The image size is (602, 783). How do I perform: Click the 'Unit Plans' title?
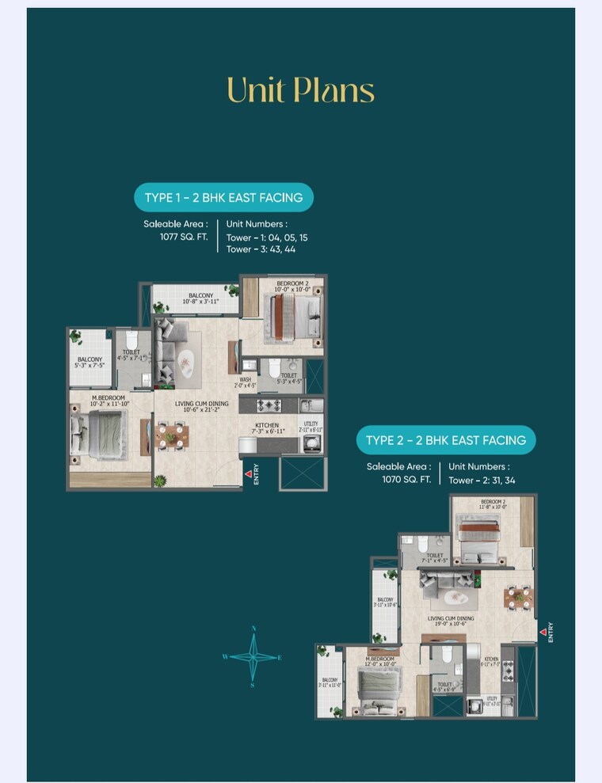[x=300, y=90]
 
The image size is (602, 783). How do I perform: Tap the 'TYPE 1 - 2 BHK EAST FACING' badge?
[x=223, y=197]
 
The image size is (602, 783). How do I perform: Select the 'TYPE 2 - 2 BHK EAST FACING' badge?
[x=445, y=439]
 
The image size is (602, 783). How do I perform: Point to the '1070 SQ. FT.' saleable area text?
[x=406, y=479]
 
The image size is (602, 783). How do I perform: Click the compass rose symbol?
[x=253, y=656]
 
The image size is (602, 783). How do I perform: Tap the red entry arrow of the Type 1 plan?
[x=248, y=475]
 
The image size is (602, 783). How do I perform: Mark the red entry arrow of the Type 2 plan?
[x=543, y=631]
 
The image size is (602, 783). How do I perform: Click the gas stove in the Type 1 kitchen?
[x=269, y=405]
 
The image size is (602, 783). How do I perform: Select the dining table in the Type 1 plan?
[x=171, y=435]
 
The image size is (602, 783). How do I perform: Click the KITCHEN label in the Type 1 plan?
[x=267, y=425]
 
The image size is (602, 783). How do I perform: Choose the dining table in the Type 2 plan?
[x=519, y=597]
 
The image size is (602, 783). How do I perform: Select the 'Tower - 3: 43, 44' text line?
[x=261, y=249]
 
